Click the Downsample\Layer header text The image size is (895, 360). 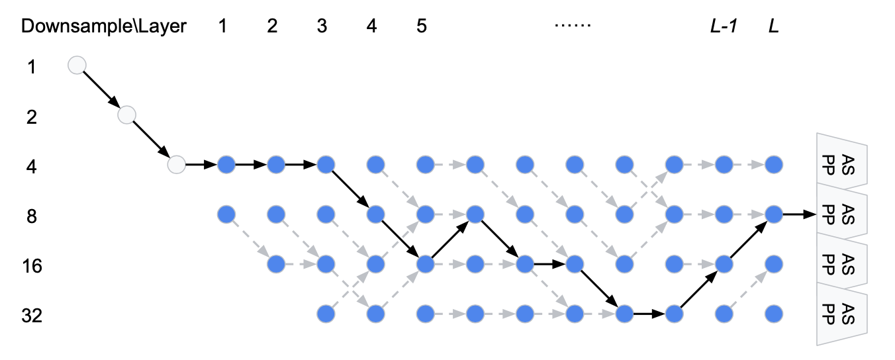click(104, 26)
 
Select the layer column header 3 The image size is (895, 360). click(322, 26)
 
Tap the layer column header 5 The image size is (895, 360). click(422, 26)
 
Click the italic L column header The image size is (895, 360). click(773, 26)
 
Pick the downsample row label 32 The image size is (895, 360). click(32, 316)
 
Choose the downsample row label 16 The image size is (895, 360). click(32, 266)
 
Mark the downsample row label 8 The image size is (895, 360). click(32, 216)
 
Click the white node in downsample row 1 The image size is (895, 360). click(77, 65)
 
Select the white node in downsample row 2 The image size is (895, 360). click(126, 115)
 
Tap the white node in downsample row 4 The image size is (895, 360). click(177, 164)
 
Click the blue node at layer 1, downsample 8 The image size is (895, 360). click(226, 214)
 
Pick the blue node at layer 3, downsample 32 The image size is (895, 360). click(325, 313)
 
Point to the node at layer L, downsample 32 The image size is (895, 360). click(773, 313)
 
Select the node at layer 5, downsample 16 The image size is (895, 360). click(425, 264)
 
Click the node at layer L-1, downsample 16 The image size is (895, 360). click(724, 264)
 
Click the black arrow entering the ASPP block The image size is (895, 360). click(800, 214)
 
